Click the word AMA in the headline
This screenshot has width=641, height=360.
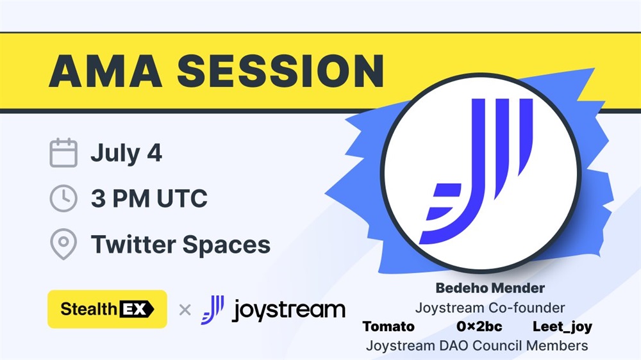click(106, 71)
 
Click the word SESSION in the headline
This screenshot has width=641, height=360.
click(281, 71)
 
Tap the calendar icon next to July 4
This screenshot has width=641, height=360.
click(63, 153)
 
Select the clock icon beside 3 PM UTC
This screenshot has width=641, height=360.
click(63, 198)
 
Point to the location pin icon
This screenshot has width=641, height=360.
click(63, 244)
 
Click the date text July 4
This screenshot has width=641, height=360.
click(126, 154)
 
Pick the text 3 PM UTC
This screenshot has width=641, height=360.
click(149, 199)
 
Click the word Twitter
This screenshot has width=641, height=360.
click(133, 244)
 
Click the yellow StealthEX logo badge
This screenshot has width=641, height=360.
click(107, 309)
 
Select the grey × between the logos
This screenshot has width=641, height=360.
click(185, 310)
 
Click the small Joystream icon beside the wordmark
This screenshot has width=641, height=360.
click(213, 310)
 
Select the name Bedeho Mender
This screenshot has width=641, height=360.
click(490, 288)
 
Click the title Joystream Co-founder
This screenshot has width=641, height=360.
click(490, 307)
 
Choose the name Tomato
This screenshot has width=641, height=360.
click(388, 327)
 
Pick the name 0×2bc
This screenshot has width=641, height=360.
click(479, 327)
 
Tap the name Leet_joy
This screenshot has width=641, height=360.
click(563, 327)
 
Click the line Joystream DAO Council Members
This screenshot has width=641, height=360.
click(477, 346)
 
